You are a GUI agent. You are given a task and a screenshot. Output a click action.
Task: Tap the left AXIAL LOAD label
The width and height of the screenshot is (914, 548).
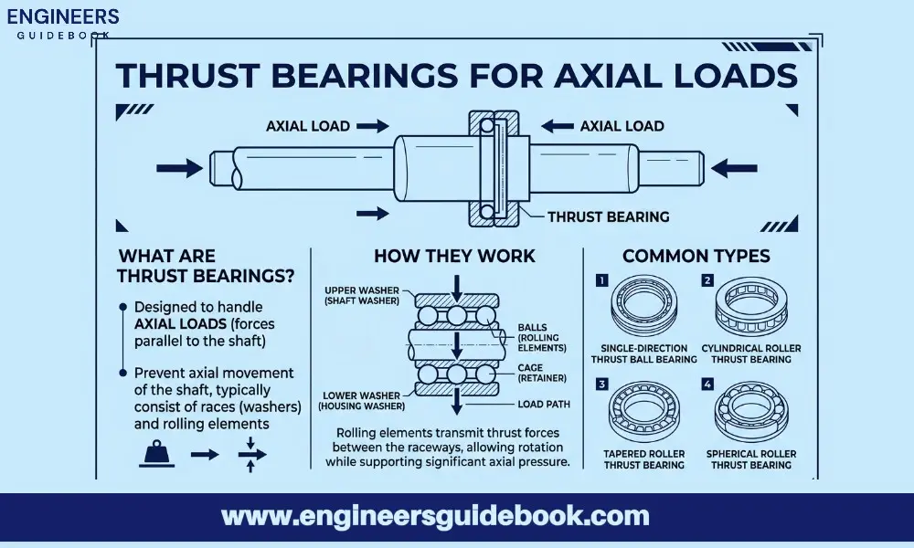pyautogui.click(x=307, y=126)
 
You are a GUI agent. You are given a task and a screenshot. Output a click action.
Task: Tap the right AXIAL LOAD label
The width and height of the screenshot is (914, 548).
pyautogui.click(x=622, y=126)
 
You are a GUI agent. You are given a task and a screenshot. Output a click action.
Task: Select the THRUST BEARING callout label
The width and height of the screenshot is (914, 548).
pyautogui.click(x=608, y=216)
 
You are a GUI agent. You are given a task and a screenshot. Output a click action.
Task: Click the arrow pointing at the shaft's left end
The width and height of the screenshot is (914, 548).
pyautogui.click(x=179, y=168)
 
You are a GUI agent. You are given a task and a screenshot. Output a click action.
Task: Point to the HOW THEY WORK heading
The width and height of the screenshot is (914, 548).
pyautogui.click(x=454, y=256)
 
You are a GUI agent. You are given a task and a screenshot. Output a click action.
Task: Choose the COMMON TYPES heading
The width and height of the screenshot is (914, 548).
pyautogui.click(x=696, y=256)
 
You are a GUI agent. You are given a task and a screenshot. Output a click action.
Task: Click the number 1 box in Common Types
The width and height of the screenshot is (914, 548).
pyautogui.click(x=601, y=280)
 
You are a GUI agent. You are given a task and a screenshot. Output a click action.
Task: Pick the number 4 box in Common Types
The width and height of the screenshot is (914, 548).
pyautogui.click(x=707, y=384)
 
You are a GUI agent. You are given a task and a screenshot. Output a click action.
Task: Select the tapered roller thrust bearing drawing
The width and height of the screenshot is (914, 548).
pyautogui.click(x=643, y=411)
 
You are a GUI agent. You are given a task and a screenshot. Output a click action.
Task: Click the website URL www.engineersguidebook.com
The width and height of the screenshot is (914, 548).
pyautogui.click(x=435, y=516)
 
